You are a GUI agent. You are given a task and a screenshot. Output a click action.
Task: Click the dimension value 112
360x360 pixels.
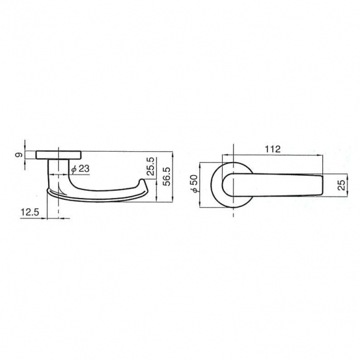273,149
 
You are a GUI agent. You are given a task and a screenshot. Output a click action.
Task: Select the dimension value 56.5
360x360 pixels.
167,176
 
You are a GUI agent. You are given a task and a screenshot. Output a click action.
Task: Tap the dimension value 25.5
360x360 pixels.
151,167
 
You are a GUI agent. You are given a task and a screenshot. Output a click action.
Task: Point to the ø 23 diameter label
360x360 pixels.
80,169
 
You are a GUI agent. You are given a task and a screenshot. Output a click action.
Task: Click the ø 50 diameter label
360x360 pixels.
194,184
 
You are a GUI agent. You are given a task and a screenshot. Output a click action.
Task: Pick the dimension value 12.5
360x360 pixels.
30,212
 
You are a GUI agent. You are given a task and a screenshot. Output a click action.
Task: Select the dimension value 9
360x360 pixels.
19,155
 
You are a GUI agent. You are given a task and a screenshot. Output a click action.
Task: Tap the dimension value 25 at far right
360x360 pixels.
342,185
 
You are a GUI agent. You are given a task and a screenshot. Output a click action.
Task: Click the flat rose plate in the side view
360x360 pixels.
58,155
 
